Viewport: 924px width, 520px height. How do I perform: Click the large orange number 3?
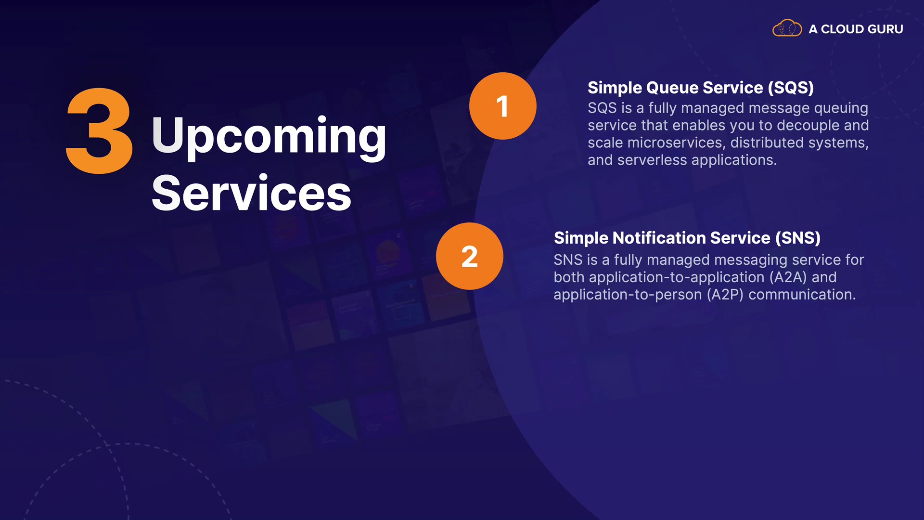coord(100,130)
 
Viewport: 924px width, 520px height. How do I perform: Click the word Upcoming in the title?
coord(269,137)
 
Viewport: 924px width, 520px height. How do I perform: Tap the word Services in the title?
coord(252,193)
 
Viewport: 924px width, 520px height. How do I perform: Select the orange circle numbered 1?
coord(503,106)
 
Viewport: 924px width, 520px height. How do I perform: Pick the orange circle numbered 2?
coord(470,256)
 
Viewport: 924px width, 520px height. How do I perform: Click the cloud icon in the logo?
coord(787,28)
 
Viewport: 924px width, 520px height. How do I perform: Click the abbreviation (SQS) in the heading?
coord(791,88)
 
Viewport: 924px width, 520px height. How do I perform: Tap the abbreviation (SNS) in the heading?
coord(797,238)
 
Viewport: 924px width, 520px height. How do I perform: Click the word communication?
coord(802,295)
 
